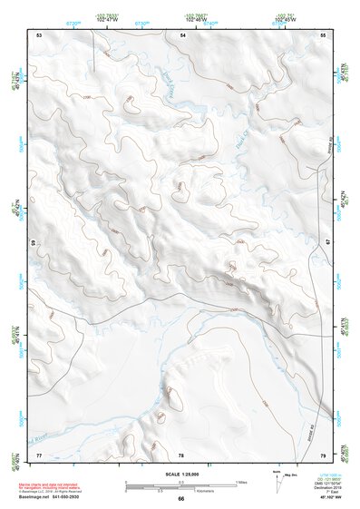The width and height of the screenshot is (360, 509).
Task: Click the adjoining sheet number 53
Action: pyautogui.click(x=39, y=34)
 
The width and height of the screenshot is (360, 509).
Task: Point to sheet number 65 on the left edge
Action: pyautogui.click(x=34, y=243)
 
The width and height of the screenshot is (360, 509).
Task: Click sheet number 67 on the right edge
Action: pyautogui.click(x=326, y=243)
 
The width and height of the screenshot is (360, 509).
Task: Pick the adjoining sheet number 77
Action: pyautogui.click(x=39, y=453)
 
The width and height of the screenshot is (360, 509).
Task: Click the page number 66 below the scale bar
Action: pyautogui.click(x=180, y=498)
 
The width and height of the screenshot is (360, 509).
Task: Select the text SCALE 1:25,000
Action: pyautogui.click(x=180, y=473)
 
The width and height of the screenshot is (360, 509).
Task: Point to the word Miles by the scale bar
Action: pyautogui.click(x=242, y=480)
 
